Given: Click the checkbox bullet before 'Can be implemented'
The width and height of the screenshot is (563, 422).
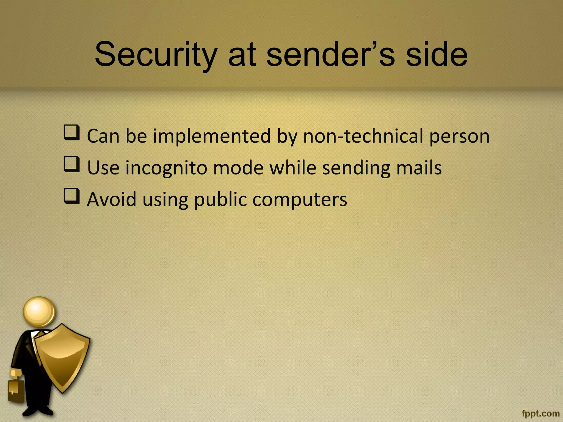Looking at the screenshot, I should point(72,132).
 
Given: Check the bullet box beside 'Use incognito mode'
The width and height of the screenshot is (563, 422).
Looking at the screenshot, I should point(72,164).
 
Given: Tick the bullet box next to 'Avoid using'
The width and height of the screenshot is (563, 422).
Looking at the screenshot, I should point(72,196).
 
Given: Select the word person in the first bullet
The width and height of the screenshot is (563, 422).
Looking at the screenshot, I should point(459,137).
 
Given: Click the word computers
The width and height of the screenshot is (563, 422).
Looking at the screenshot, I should point(300,200).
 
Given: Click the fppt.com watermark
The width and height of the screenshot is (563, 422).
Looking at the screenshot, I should point(540,413).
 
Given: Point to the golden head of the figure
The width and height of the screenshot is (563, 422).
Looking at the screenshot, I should point(39,312).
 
